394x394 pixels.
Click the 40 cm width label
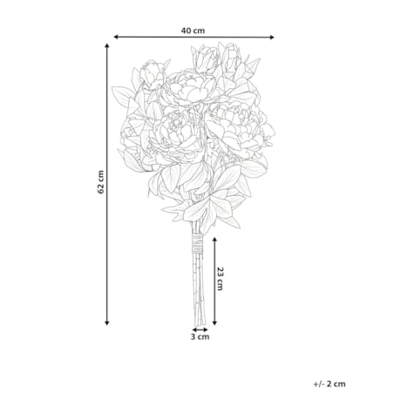pyautogui.click(x=194, y=31)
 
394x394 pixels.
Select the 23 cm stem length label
pyautogui.click(x=221, y=277)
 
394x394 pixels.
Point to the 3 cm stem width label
pyautogui.click(x=200, y=336)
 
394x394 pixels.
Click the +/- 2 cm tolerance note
pyautogui.click(x=329, y=383)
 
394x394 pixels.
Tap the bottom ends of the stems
pyautogui.click(x=199, y=317)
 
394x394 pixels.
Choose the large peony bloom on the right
pyautogui.click(x=237, y=126)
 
